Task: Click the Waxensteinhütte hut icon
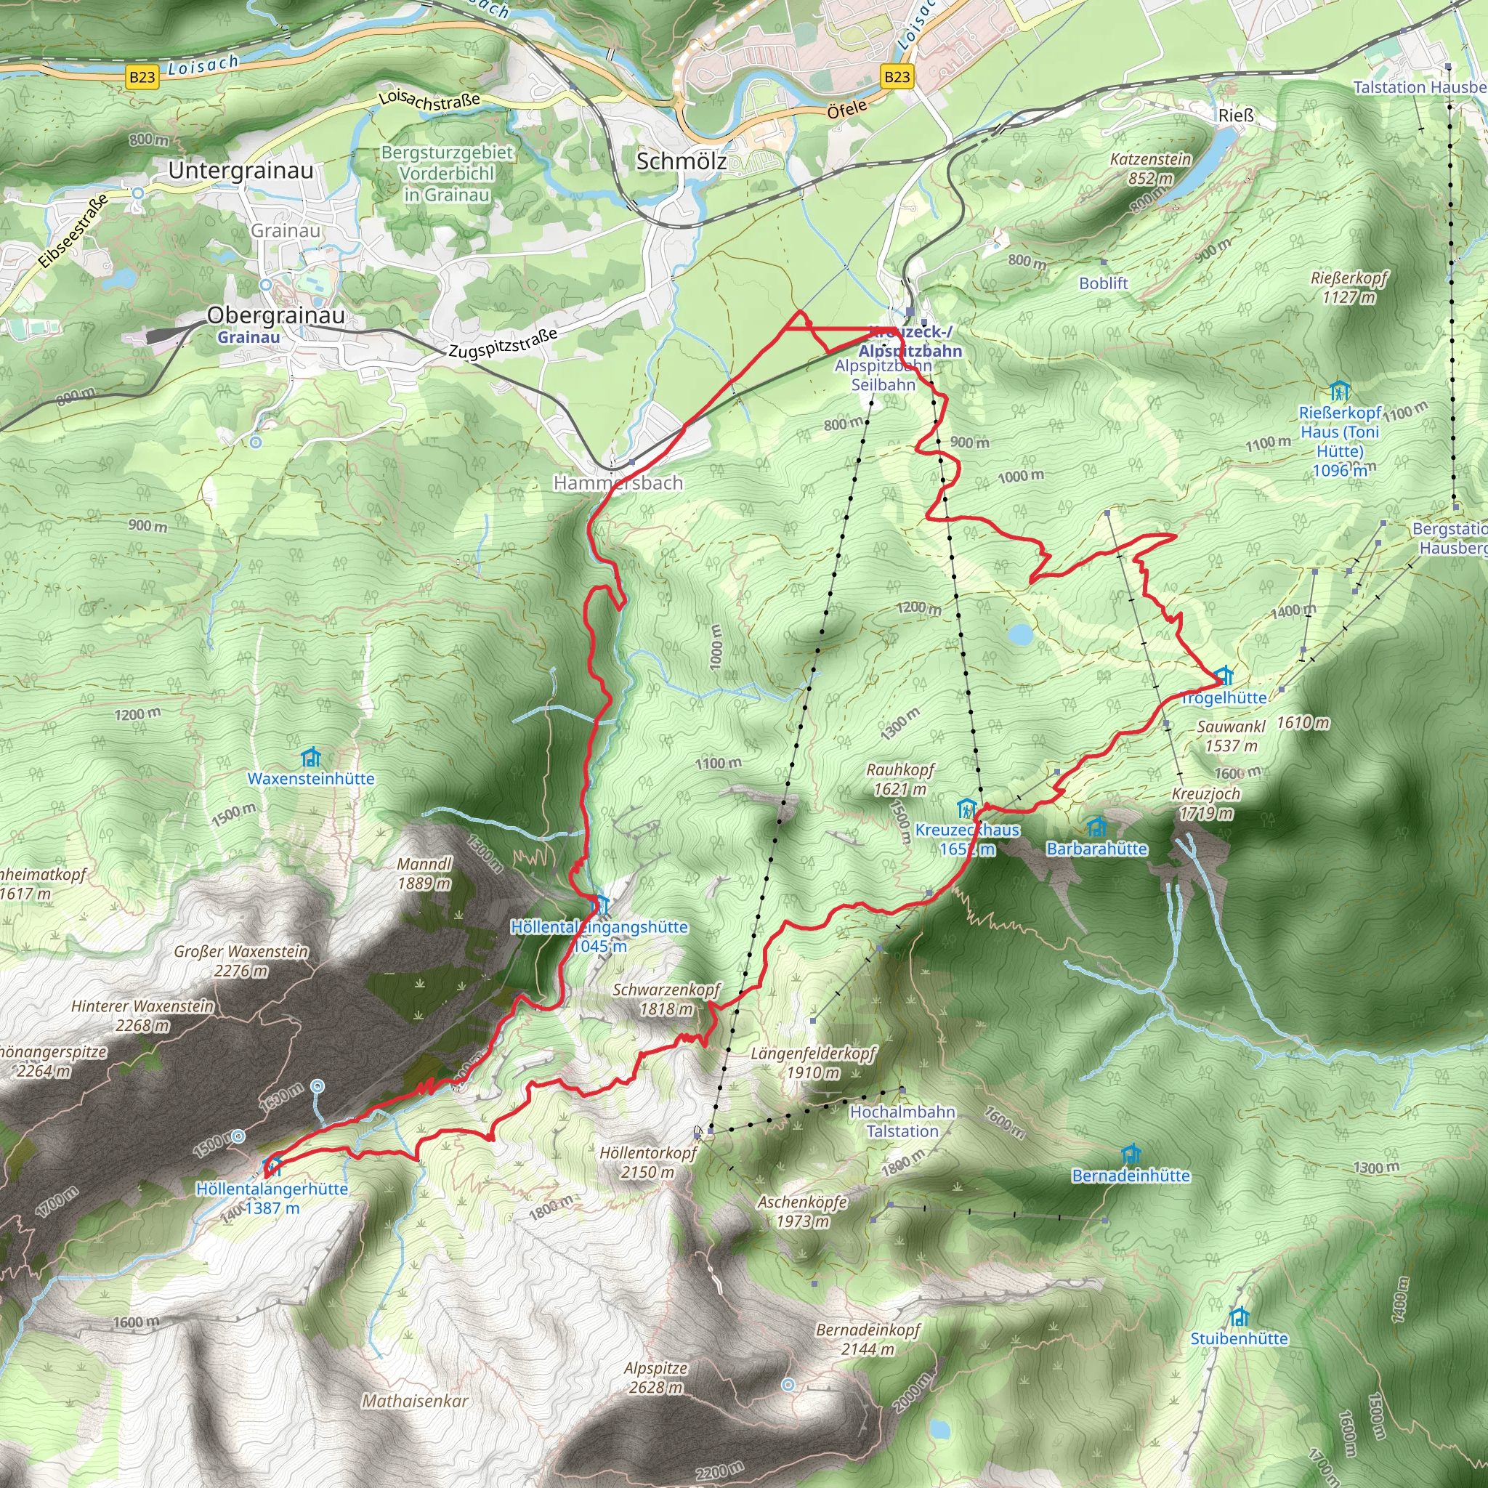310,757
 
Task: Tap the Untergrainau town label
240,170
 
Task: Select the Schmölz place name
681,161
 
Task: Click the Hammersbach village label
618,483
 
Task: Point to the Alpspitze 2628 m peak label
655,1377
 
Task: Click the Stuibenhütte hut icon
1239,1317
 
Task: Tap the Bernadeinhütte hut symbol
1130,1154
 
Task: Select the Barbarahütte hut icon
1096,827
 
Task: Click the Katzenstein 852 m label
1150,168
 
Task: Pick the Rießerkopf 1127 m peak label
1348,286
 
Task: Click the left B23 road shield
142,77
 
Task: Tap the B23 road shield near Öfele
897,76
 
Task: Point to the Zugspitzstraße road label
502,344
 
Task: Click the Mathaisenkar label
414,1401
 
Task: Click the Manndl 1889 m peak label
424,873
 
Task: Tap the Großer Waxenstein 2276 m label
241,961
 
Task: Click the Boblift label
1103,283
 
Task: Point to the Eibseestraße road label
73,232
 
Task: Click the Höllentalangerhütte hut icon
272,1165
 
